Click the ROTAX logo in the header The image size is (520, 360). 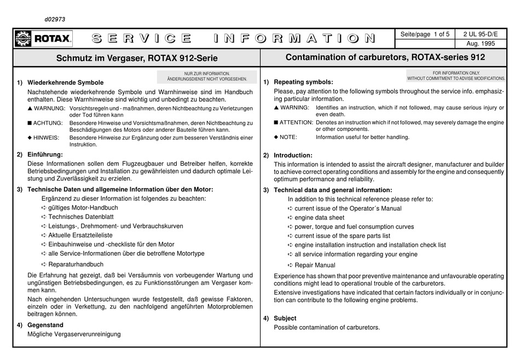43,38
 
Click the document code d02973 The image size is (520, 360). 55,19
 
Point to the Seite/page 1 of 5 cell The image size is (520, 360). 425,33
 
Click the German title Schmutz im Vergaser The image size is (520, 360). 137,57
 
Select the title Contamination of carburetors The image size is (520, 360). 385,57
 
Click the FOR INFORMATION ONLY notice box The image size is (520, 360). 456,76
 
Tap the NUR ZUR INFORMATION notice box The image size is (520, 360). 207,76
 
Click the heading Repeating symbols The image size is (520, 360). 303,82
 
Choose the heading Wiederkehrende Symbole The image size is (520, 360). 65,83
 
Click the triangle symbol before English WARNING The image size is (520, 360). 276,108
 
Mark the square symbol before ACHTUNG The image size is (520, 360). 30,123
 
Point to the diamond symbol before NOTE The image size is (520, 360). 276,137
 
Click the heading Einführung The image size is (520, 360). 45,154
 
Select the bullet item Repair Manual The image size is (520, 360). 314,265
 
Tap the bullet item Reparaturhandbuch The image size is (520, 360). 76,264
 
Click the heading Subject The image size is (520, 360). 285,318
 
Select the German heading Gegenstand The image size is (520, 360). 46,324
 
